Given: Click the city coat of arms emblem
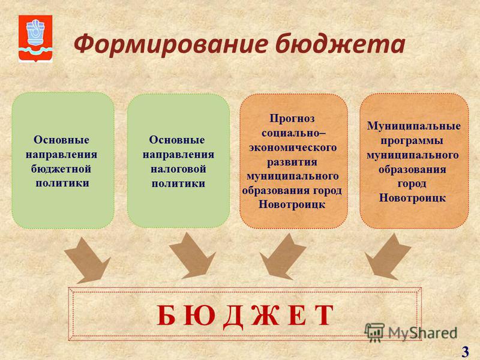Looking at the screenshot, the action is [x=35, y=38].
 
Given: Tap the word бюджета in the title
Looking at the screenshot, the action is [x=340, y=44].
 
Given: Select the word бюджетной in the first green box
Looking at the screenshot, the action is [x=61, y=169].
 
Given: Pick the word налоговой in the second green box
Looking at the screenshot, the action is [x=178, y=169].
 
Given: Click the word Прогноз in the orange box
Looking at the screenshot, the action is [x=292, y=118].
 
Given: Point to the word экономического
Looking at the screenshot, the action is [x=293, y=147].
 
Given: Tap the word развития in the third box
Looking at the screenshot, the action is [x=292, y=161].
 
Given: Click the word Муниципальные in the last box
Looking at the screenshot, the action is [x=414, y=125].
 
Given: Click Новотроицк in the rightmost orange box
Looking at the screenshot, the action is [x=412, y=197].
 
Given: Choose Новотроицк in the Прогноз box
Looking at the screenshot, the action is [x=292, y=204].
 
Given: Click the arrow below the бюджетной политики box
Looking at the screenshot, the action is [x=88, y=260].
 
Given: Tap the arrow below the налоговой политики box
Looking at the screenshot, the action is [x=193, y=256].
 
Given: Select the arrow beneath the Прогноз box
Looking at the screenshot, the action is [x=283, y=257].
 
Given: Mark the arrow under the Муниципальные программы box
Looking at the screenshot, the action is [x=388, y=257].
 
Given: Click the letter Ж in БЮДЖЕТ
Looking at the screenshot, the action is [x=265, y=316].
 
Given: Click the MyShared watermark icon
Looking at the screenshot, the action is [x=374, y=332].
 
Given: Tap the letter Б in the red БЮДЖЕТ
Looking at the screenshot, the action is [x=166, y=316].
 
